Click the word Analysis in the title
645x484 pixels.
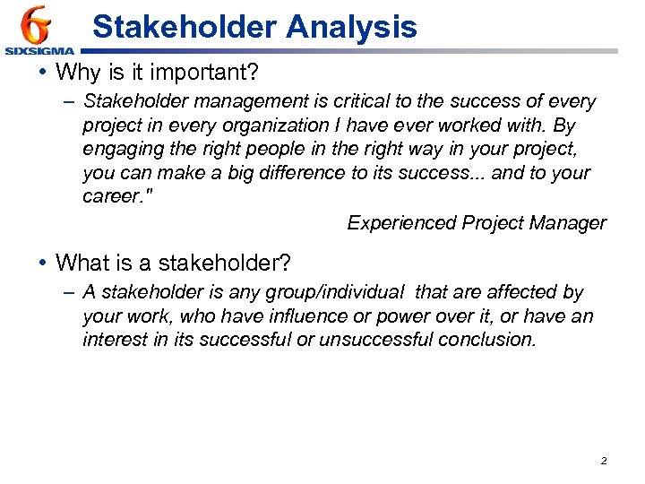pyautogui.click(x=351, y=27)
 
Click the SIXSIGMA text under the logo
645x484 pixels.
pyautogui.click(x=39, y=51)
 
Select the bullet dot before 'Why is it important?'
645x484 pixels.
pyautogui.click(x=42, y=71)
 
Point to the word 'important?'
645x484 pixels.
pyautogui.click(x=223, y=71)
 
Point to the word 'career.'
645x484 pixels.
pyautogui.click(x=115, y=195)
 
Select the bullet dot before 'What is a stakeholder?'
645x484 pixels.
pyautogui.click(x=42, y=263)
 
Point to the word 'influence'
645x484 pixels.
pyautogui.click(x=259, y=315)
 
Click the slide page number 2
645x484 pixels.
pyautogui.click(x=603, y=461)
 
